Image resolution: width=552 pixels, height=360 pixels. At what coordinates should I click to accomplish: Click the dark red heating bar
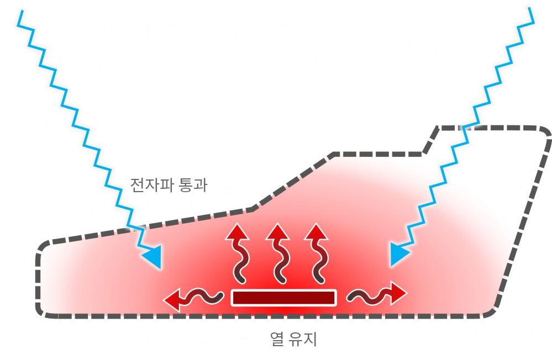[x=284, y=298]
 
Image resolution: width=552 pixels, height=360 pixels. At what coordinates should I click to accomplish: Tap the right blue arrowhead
[x=398, y=253]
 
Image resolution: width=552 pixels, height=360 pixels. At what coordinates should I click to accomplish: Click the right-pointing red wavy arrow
[x=377, y=294]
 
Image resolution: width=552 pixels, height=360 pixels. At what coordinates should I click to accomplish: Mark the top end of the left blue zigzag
[x=22, y=11]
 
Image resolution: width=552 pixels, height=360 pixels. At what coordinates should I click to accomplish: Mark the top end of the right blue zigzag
[x=530, y=8]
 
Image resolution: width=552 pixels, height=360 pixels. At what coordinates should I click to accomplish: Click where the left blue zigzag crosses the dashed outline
[x=135, y=227]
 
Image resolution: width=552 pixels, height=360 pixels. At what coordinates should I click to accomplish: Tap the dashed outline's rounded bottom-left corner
[x=40, y=311]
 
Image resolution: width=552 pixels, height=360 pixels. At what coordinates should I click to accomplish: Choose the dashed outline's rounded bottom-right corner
[x=491, y=313]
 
